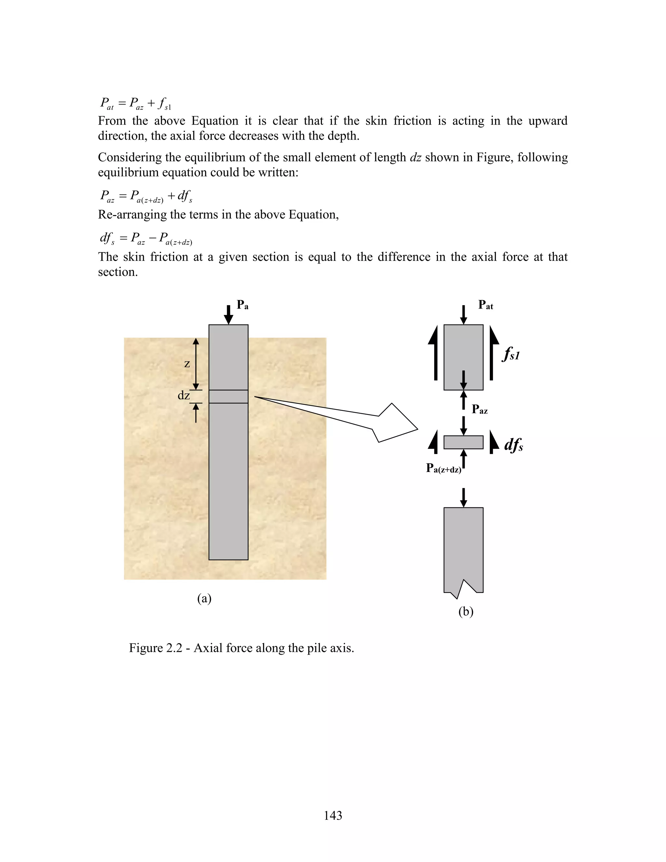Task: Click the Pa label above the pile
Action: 242,305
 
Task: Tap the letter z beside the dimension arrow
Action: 187,364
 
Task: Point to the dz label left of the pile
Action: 184,396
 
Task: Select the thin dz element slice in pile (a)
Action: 228,396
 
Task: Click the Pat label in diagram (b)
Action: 485,305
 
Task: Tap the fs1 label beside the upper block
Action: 511,354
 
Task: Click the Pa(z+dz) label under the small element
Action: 444,468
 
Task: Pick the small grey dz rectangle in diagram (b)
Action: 463,442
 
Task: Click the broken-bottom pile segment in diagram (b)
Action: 463,549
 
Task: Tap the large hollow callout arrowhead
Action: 394,424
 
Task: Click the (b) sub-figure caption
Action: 466,612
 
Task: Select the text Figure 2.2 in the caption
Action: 155,648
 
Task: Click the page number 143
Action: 333,815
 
